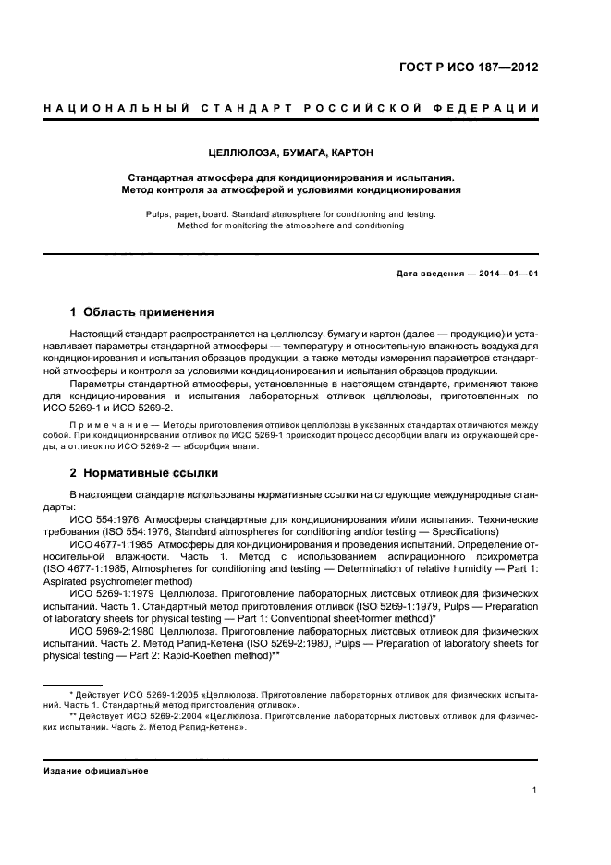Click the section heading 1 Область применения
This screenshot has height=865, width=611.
(x=142, y=311)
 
